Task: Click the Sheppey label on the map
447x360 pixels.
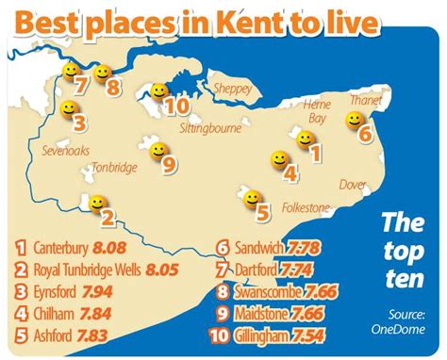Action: (233, 89)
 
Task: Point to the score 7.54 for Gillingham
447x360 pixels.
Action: (317, 334)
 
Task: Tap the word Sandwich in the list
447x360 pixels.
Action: (262, 250)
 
